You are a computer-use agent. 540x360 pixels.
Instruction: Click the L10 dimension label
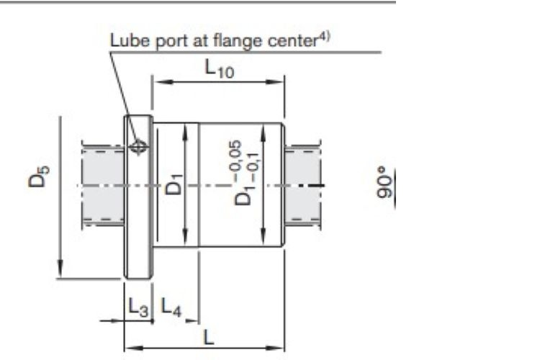pos(220,68)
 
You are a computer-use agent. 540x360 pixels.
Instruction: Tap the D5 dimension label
pos(39,176)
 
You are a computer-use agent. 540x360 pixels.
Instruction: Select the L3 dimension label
pos(138,307)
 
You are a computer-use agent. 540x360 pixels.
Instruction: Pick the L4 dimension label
pos(171,306)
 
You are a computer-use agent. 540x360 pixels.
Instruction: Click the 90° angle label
pos(385,183)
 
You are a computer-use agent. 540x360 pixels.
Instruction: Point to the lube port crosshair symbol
pos(138,147)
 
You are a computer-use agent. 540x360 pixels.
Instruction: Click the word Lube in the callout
pos(130,40)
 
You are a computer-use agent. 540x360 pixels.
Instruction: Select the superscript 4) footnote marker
pos(323,37)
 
